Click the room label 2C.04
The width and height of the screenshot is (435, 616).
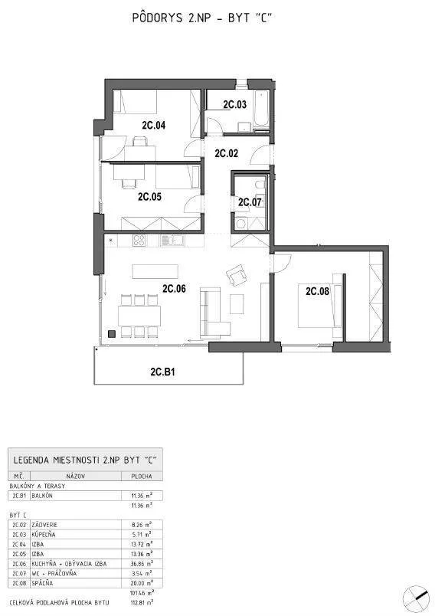click(x=153, y=124)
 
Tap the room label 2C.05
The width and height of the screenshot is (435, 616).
click(x=149, y=196)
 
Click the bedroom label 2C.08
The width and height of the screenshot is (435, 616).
click(x=317, y=291)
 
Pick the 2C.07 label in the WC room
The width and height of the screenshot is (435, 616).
click(x=250, y=202)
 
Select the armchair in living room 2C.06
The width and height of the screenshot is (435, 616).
click(x=236, y=274)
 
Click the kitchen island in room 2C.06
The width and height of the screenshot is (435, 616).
click(x=154, y=271)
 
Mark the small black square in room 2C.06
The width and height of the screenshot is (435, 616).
click(x=113, y=333)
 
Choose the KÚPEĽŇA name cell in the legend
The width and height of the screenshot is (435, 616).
click(x=45, y=534)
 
